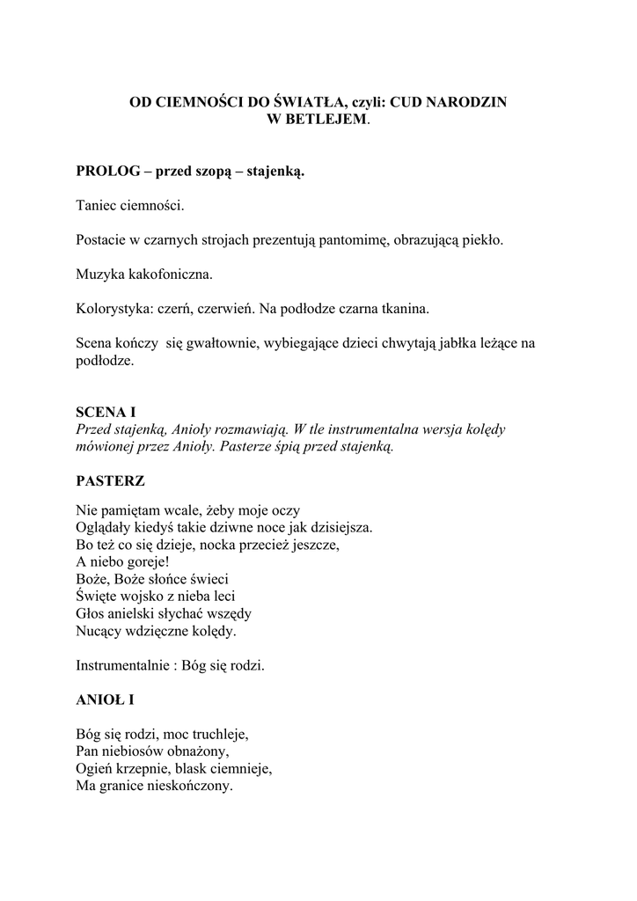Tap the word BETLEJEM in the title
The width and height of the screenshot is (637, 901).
pyautogui.click(x=326, y=119)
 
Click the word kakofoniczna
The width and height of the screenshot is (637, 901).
pyautogui.click(x=170, y=275)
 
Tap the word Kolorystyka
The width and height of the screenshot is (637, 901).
pyautogui.click(x=113, y=309)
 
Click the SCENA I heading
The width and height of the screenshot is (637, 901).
pyautogui.click(x=106, y=412)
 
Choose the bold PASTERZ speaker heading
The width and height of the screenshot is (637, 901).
pyautogui.click(x=111, y=481)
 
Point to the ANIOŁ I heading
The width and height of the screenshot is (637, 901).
pyautogui.click(x=105, y=700)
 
